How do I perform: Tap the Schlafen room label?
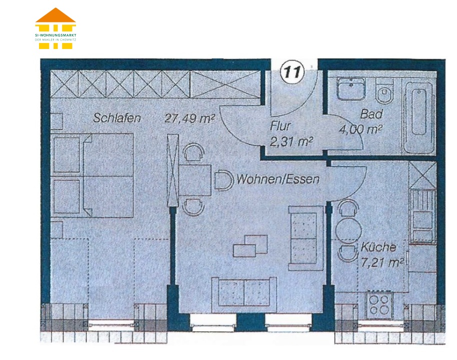[117, 118]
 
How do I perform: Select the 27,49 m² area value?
[189, 118]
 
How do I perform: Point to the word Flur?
[280, 126]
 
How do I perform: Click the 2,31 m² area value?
[291, 141]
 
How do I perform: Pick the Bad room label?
[371, 113]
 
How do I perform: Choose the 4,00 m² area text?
[360, 129]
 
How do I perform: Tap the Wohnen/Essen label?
[278, 179]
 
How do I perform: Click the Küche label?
[378, 247]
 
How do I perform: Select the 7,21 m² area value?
[382, 262]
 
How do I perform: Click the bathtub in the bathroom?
[419, 117]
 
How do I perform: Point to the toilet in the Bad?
[384, 90]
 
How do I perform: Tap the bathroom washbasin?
[351, 89]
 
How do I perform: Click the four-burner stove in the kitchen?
[379, 305]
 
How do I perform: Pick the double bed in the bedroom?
[92, 175]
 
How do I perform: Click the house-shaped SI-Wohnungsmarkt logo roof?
[55, 15]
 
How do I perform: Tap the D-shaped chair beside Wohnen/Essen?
[224, 180]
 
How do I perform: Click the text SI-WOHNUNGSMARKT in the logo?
[55, 35]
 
